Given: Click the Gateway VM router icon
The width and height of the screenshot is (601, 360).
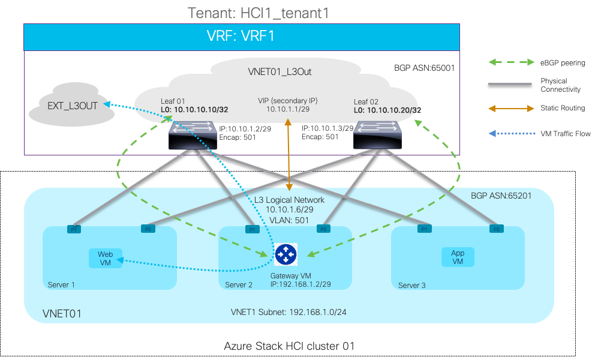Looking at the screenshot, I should (x=286, y=255).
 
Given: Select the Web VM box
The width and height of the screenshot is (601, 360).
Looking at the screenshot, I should (x=105, y=259).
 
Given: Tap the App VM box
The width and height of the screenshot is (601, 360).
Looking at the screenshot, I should (x=458, y=257).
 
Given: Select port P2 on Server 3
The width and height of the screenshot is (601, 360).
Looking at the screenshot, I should (x=495, y=229).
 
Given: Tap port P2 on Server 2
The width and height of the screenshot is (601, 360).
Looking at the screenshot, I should (x=323, y=229).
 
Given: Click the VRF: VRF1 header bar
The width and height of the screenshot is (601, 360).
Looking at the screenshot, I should (x=241, y=37).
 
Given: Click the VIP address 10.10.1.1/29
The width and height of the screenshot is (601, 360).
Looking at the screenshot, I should (x=287, y=110).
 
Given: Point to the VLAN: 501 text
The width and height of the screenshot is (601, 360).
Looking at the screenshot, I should (x=290, y=220).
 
